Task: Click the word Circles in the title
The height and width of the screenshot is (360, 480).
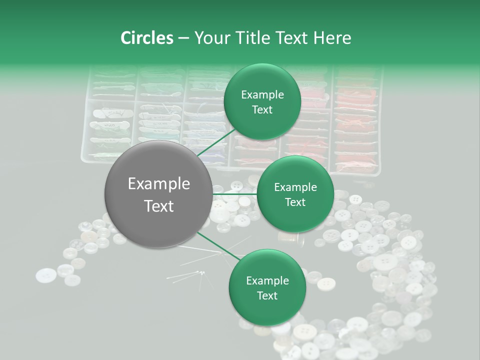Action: coord(146,38)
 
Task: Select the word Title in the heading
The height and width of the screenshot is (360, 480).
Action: coord(257,38)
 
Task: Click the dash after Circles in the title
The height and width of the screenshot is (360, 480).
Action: coord(183,38)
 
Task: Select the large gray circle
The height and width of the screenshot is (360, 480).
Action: coord(158,193)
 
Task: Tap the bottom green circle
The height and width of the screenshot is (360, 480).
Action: coord(267,287)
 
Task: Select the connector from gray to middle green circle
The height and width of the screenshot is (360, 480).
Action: coord(234,193)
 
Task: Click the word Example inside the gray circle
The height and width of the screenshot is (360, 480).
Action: coord(159,184)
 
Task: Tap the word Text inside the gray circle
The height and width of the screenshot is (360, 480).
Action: coord(159,206)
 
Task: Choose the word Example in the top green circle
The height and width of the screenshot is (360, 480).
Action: coord(262,95)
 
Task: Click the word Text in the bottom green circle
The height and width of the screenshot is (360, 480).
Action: coord(267,295)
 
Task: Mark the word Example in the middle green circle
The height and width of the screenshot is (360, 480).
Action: coord(295,187)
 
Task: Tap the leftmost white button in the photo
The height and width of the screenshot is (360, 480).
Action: coord(46,275)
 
